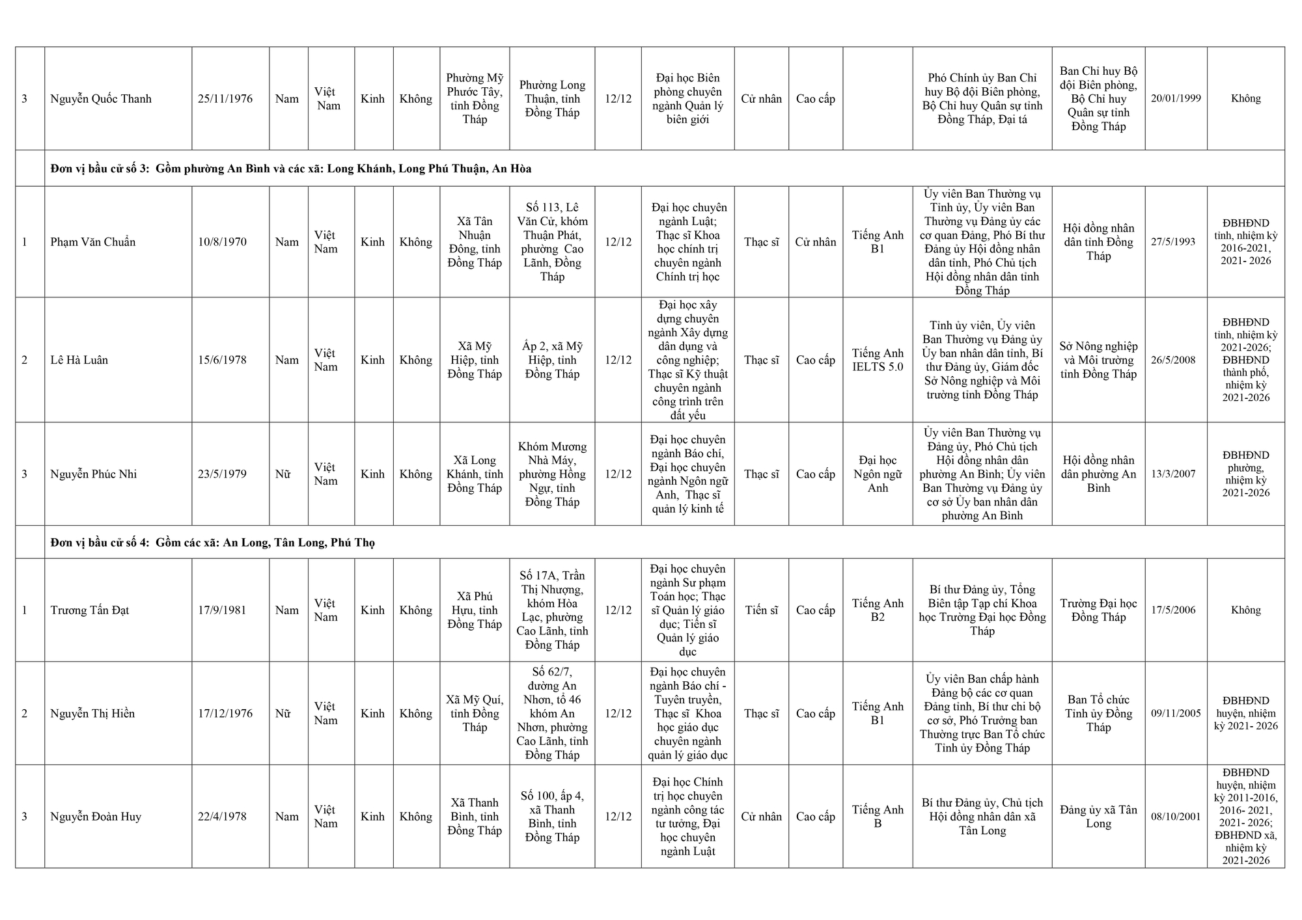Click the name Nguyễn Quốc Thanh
(101, 99)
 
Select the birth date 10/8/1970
(222, 242)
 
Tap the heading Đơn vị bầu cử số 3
(100, 169)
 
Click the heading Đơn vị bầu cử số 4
(100, 543)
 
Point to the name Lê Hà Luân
(79, 360)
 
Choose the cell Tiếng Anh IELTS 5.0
(878, 360)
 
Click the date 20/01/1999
(1175, 99)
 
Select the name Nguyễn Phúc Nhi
(94, 474)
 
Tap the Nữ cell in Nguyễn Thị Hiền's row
(283, 714)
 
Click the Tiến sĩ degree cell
(761, 610)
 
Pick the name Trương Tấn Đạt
(90, 610)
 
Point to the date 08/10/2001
(1175, 817)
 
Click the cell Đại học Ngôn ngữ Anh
(878, 474)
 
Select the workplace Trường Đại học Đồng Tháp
(1098, 610)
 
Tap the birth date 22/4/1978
(222, 817)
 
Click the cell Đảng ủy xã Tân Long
(1098, 817)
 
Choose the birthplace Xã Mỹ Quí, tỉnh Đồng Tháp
(475, 714)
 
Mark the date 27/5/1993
(1173, 242)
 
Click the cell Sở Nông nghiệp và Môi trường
(1098, 360)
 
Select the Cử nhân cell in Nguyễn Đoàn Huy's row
(761, 817)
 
